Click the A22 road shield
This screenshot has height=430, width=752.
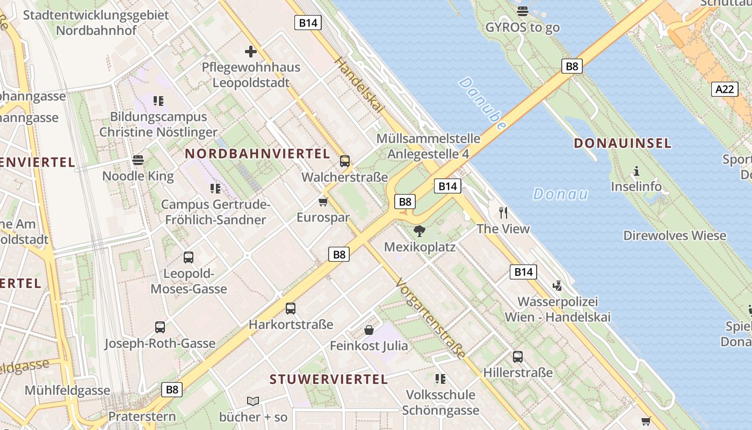coord(725,89)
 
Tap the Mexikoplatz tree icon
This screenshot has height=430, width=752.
coord(420,231)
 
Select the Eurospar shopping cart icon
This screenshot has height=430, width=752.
coord(323,202)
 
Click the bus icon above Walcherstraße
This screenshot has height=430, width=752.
coord(345,161)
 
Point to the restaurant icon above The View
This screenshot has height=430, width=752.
coord(503,212)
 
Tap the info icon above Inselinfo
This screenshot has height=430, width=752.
coord(637,171)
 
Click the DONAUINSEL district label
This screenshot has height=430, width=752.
coord(623,143)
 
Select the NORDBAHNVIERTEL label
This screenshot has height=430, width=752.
coord(257,154)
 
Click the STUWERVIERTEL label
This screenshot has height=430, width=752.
coord(329,379)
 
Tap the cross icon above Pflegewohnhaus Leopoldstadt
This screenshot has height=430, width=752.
coord(251,52)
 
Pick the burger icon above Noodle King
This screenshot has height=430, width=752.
coord(138,160)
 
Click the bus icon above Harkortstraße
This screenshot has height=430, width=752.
coord(291,308)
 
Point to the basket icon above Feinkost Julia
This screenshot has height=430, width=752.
coord(369,329)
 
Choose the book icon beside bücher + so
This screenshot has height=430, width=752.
coord(253,401)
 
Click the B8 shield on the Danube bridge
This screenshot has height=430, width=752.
coord(572,66)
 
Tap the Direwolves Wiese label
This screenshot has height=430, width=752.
coord(675,235)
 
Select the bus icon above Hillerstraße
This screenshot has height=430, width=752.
coord(518,356)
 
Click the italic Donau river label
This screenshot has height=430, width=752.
coord(560,194)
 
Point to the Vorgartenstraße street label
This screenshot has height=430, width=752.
coord(430,318)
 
